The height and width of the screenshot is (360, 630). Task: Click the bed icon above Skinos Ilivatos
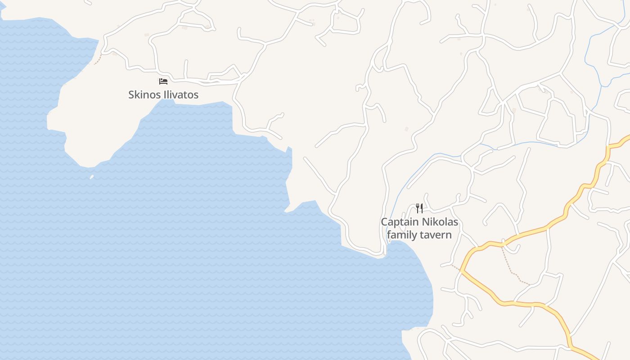click(163, 81)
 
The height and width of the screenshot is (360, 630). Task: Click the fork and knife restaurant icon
click(419, 208)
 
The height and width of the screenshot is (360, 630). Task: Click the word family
click(402, 234)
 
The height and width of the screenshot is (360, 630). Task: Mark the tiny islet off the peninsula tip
click(92, 177)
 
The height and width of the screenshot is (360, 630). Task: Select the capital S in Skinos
click(131, 95)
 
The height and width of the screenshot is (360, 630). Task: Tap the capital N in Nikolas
click(425, 222)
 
